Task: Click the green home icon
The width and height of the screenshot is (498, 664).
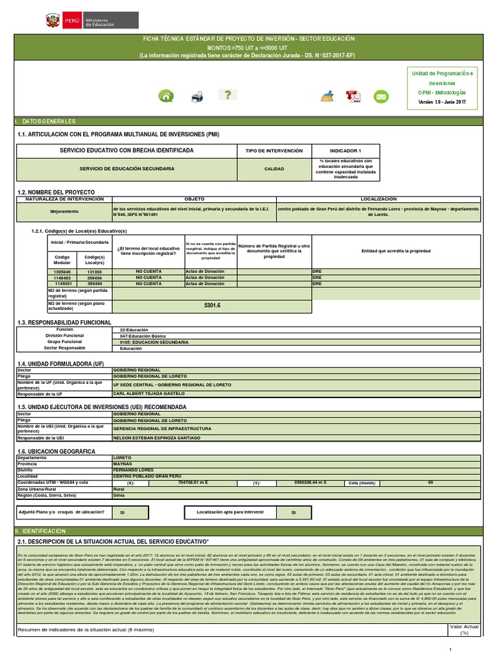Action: click(x=167, y=97)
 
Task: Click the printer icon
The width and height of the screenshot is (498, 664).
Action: click(x=197, y=97)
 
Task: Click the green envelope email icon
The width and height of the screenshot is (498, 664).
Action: click(x=381, y=97)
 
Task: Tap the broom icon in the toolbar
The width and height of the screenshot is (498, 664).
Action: click(x=327, y=97)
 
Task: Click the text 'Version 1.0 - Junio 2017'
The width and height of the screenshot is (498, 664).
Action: click(x=442, y=102)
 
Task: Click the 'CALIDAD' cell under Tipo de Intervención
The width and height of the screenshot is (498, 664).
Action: click(x=274, y=169)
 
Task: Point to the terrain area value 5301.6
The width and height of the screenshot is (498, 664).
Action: click(x=212, y=305)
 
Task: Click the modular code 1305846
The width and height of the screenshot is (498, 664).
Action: click(x=62, y=272)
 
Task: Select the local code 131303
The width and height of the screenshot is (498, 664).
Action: click(x=95, y=272)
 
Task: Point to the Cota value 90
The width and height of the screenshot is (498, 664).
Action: click(x=431, y=482)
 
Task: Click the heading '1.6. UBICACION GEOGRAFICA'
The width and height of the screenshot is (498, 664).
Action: click(x=57, y=451)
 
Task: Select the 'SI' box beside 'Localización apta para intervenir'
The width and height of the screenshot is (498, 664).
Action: click(x=293, y=512)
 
